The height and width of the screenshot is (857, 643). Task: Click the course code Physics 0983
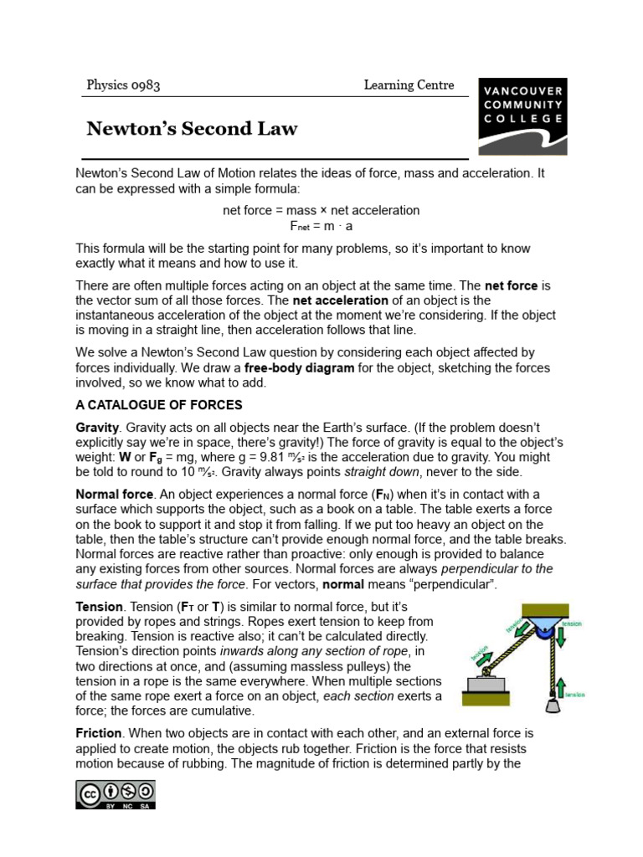pos(123,85)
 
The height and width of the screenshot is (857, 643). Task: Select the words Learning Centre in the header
pos(409,85)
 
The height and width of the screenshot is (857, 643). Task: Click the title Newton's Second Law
pos(192,129)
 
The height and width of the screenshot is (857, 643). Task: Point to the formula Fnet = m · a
pos(321,226)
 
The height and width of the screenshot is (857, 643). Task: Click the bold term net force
pos(511,285)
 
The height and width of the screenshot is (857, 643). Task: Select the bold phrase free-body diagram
pos(301,368)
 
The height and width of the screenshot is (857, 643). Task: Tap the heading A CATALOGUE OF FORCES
pos(159,405)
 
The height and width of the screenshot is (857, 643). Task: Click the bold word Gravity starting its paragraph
pos(97,428)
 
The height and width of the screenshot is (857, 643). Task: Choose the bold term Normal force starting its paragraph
pos(115,495)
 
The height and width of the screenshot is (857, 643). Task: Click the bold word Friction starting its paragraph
pos(99,733)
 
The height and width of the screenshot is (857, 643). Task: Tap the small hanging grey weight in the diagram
pos(552,705)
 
